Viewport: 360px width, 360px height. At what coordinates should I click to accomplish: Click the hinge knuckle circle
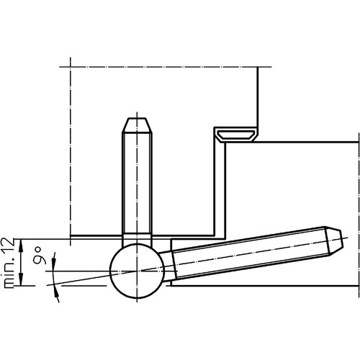(110, 271)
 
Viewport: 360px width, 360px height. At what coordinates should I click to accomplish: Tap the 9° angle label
(40, 255)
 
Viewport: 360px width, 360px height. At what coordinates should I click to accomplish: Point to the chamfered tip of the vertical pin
(137, 125)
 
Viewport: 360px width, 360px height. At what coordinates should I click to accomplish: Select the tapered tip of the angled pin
(334, 240)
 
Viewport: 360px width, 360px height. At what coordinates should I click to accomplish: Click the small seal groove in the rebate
(235, 135)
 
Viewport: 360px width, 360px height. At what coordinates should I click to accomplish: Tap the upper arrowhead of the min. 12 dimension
(21, 245)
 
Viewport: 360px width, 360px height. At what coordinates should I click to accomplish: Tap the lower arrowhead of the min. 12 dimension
(21, 279)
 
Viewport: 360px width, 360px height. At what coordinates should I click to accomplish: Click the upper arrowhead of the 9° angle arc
(54, 258)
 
